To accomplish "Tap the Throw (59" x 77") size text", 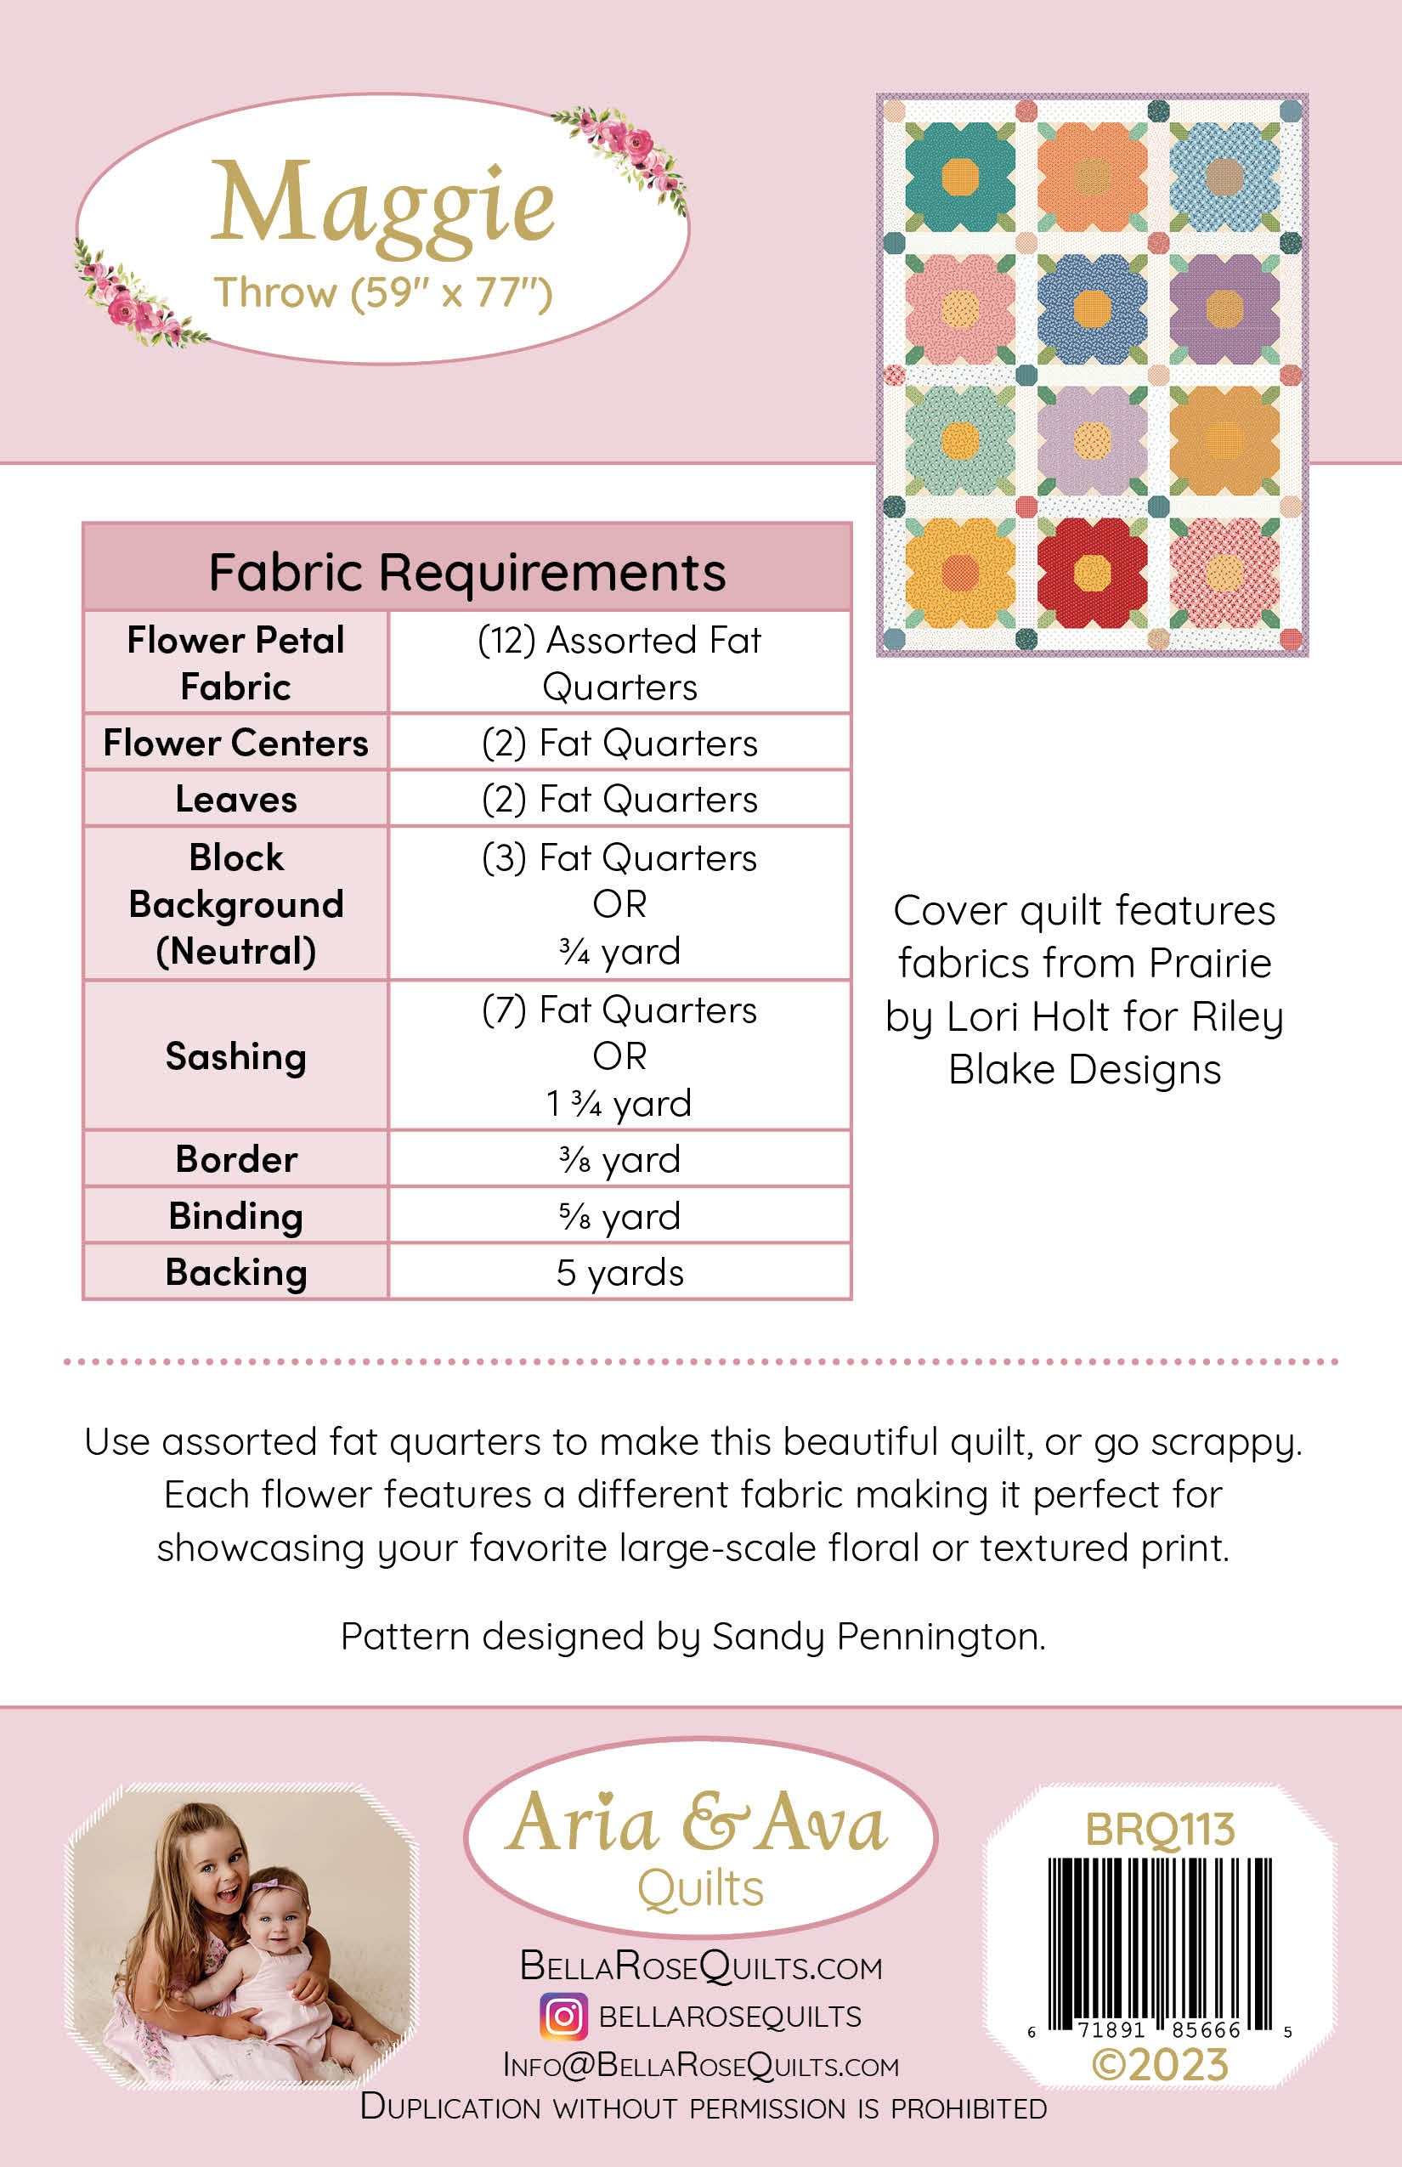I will (x=382, y=293).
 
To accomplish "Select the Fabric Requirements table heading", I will (x=467, y=572).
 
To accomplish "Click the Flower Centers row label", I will (x=236, y=743).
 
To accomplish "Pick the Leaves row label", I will (x=236, y=800).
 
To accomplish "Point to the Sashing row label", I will (x=236, y=1056).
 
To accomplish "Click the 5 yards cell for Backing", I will (x=620, y=1272).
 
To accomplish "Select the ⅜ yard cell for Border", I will (x=620, y=1159).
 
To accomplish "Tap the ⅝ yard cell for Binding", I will (x=620, y=1215).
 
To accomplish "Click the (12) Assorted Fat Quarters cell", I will (x=620, y=663).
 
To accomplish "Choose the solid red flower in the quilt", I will (x=1091, y=571).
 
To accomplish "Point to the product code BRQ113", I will (x=1160, y=1829).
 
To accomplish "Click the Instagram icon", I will (x=563, y=2017).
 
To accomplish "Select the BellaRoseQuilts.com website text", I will (x=701, y=1966).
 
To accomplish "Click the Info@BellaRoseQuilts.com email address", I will (x=701, y=2065).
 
